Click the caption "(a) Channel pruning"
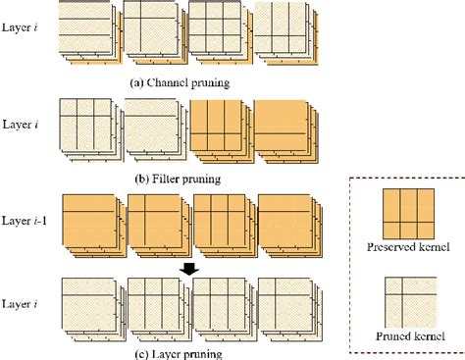[x=180, y=83]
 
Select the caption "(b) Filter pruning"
[x=178, y=180]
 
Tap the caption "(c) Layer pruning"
[x=179, y=354]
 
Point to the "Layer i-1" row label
[x=25, y=221]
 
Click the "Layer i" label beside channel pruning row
[x=20, y=27]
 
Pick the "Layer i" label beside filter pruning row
[x=21, y=125]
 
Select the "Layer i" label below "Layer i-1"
[x=20, y=304]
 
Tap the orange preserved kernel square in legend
[x=408, y=214]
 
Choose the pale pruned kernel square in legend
[x=411, y=302]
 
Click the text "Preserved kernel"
[x=408, y=247]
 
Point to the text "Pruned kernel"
[x=410, y=336]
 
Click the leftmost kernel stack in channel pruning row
[x=90, y=32]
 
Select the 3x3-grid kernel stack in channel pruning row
[x=221, y=32]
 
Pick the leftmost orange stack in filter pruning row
[x=222, y=131]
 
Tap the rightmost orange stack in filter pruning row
[x=286, y=131]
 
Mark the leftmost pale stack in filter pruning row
[x=92, y=130]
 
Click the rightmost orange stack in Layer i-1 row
[x=290, y=227]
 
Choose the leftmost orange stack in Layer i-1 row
[x=94, y=227]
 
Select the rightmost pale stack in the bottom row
[x=290, y=310]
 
